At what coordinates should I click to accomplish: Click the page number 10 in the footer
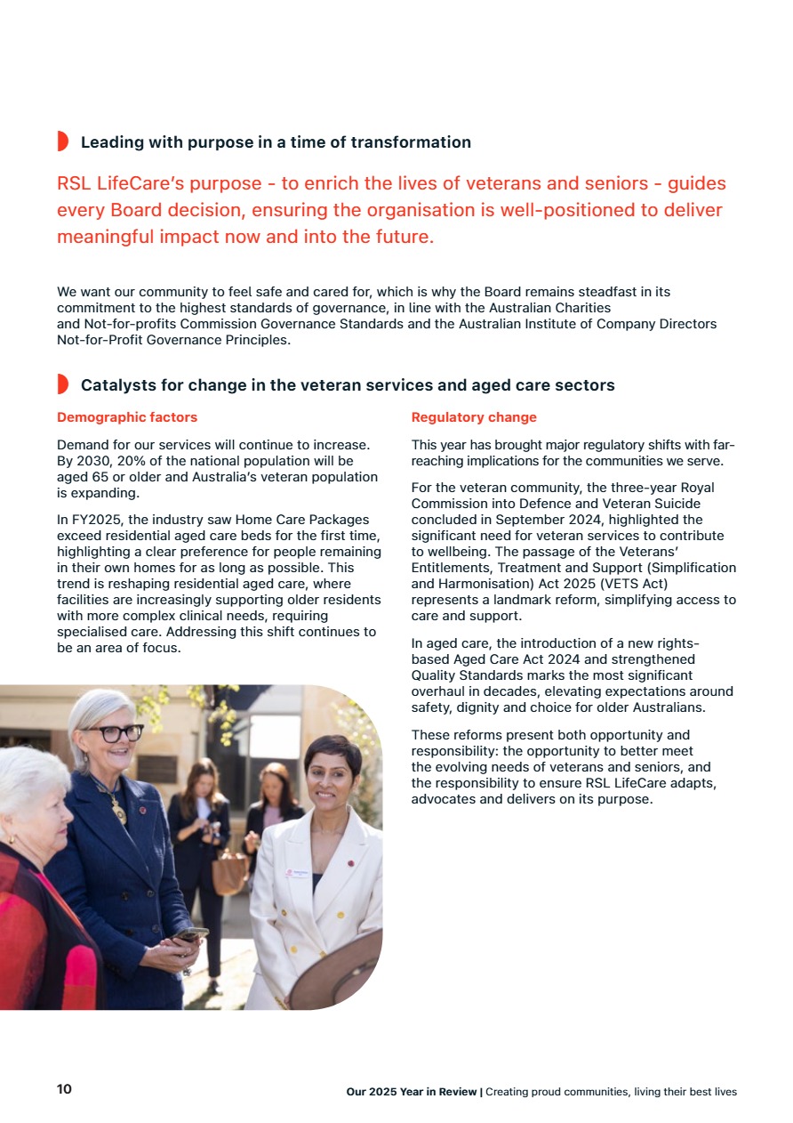point(64,1090)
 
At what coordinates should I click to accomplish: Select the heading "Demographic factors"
point(127,417)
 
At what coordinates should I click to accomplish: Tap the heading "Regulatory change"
point(474,417)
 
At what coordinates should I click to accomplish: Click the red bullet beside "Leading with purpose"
point(62,141)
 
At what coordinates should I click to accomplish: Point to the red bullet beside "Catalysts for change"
point(62,384)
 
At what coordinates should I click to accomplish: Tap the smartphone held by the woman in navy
point(191,934)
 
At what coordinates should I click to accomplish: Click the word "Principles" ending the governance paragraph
point(256,340)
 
